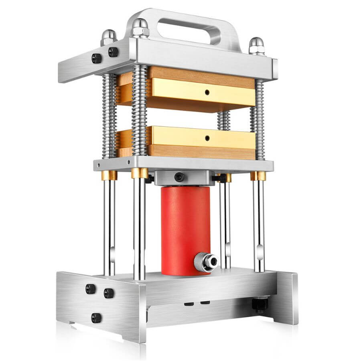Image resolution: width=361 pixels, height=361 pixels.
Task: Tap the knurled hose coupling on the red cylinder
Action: [x=206, y=262]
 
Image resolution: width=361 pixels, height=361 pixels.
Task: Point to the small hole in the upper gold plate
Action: [x=207, y=92]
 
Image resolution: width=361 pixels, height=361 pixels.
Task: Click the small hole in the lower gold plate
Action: [x=207, y=138]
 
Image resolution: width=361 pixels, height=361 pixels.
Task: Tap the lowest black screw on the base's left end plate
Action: [x=96, y=318]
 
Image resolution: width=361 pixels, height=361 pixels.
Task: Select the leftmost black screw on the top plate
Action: [x=96, y=58]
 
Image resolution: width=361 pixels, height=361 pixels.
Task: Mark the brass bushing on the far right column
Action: [x=258, y=176]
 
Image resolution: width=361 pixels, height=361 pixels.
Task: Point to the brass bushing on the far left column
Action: [x=108, y=175]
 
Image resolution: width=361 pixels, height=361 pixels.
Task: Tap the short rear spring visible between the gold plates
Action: [x=224, y=120]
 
